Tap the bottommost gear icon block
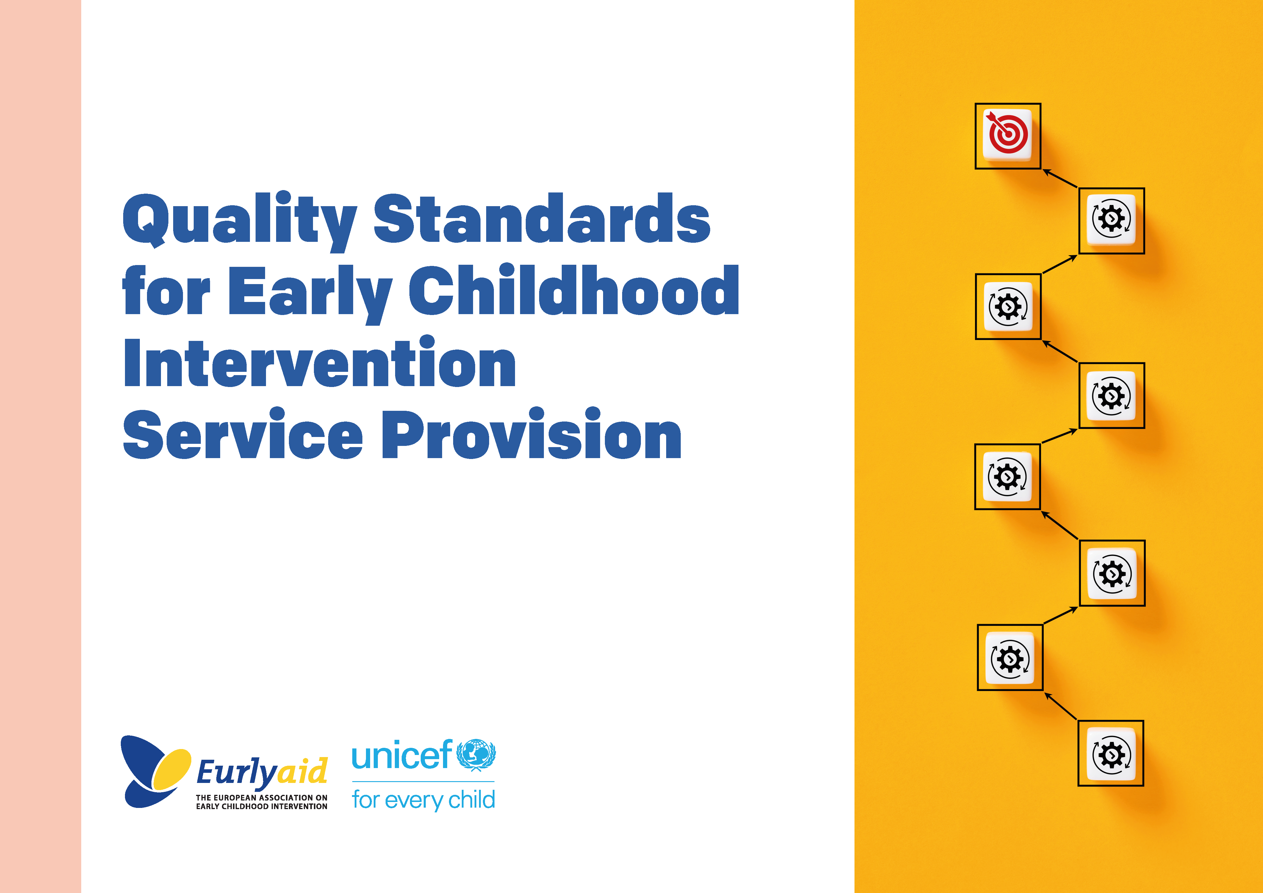(1111, 753)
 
